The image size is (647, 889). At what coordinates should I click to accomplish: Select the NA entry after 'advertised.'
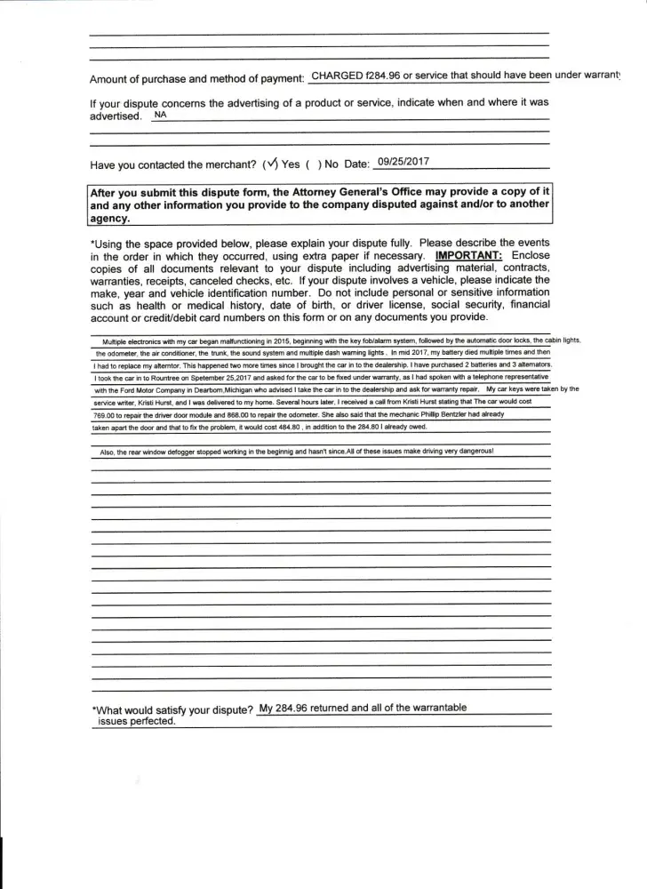pyautogui.click(x=160, y=116)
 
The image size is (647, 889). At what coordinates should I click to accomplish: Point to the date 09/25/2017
pyautogui.click(x=403, y=162)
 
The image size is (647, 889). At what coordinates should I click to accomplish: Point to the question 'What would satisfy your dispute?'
pyautogui.click(x=172, y=709)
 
